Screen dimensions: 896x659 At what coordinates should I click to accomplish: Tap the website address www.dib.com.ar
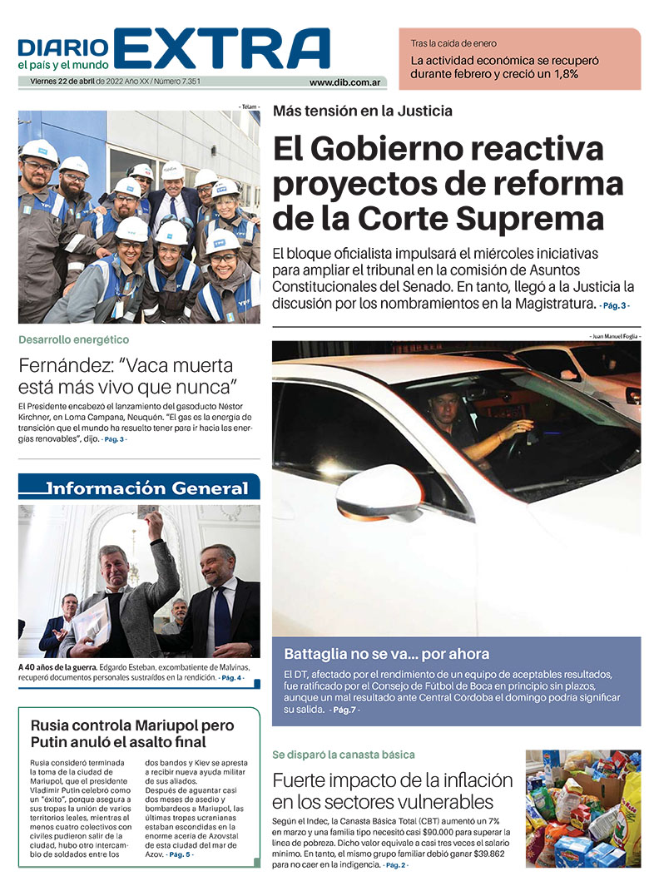click(345, 82)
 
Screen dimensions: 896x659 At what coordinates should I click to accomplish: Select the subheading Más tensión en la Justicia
click(363, 111)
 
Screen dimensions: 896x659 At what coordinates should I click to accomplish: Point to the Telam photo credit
click(249, 107)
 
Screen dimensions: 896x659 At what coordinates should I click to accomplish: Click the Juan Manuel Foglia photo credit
click(614, 335)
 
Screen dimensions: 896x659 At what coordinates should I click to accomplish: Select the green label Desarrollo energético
click(74, 339)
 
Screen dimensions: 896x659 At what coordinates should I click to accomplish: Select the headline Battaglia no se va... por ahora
click(386, 653)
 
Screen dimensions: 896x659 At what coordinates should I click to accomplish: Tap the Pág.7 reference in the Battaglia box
click(344, 710)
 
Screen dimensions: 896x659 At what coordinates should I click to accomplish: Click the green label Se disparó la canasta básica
click(343, 755)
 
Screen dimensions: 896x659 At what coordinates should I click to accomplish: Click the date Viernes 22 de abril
click(57, 82)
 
